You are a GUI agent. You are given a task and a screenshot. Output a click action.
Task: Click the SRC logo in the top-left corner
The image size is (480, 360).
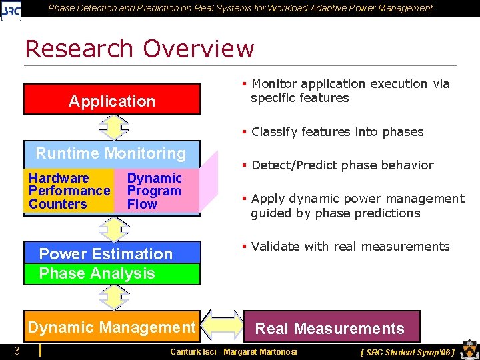click(11, 9)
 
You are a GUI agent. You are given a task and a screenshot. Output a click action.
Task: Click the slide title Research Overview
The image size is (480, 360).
click(139, 49)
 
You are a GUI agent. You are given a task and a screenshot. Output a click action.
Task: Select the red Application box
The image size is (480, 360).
click(112, 100)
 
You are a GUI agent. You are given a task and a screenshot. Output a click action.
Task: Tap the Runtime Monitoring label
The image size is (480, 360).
click(111, 153)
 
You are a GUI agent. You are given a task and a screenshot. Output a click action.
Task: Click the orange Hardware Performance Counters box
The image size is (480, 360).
click(69, 191)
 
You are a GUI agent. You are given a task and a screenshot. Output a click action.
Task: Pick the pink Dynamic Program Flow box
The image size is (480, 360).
click(156, 191)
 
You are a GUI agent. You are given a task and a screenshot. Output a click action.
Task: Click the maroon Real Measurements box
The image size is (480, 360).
click(331, 327)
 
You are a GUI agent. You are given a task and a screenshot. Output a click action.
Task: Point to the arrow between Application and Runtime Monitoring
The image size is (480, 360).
click(114, 127)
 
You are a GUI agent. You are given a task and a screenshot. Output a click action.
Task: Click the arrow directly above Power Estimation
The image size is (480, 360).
click(114, 229)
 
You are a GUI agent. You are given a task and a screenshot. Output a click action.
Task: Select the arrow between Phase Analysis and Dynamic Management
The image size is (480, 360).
click(114, 297)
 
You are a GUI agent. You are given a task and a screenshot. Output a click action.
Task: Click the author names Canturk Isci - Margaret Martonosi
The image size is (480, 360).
click(233, 351)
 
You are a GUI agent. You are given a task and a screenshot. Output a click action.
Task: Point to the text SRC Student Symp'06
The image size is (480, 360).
click(407, 352)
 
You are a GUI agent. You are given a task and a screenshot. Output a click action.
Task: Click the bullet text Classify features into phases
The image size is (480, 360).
click(337, 132)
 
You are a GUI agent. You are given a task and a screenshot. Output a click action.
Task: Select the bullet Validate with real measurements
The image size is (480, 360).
click(349, 247)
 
